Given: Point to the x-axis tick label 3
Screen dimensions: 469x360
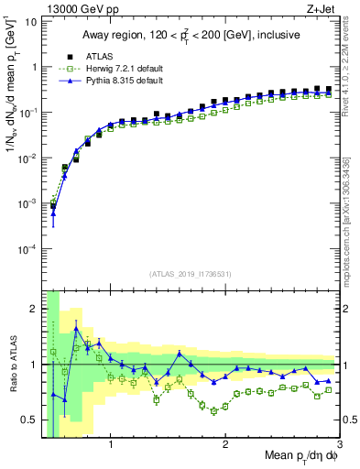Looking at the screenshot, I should click(x=339, y=446).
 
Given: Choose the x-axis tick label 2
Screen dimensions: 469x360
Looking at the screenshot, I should click(x=224, y=446).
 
